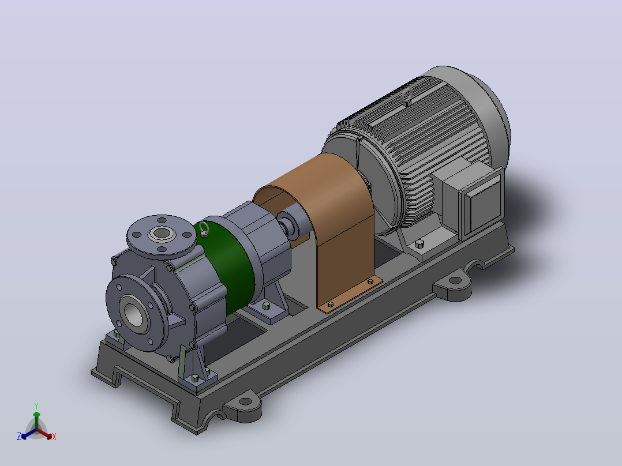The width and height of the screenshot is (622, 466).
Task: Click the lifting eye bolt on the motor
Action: point(407,97)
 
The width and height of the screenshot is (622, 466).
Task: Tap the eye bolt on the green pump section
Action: point(204,230)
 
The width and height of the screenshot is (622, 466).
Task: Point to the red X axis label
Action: point(54,437)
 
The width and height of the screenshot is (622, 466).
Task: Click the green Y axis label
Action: point(36,405)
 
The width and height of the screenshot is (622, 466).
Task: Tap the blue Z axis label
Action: point(19,436)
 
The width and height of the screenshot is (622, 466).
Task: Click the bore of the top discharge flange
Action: point(162,233)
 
